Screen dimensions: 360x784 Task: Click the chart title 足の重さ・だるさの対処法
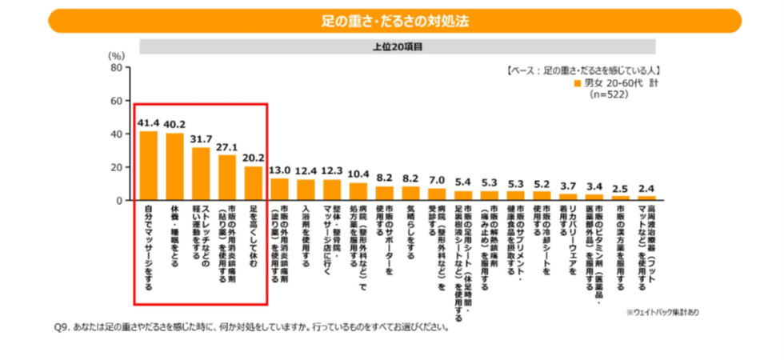pyautogui.click(x=392, y=17)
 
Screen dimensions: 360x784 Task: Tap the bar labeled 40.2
pyautogui.click(x=174, y=166)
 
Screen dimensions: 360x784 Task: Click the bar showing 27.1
pyautogui.click(x=227, y=178)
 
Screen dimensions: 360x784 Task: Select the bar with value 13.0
pyautogui.click(x=279, y=189)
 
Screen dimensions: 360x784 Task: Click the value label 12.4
pyautogui.click(x=306, y=170)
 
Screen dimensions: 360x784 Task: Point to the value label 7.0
pyautogui.click(x=436, y=179)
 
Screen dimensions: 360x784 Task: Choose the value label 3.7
pyautogui.click(x=567, y=185)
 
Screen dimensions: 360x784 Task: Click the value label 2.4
pyautogui.click(x=646, y=187)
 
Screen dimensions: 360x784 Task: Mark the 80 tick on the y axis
pyautogui.click(x=117, y=68)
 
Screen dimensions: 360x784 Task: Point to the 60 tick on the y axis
pyautogui.click(x=117, y=101)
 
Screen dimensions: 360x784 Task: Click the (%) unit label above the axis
pyautogui.click(x=116, y=55)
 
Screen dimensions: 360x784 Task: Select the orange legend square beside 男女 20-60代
pyautogui.click(x=578, y=83)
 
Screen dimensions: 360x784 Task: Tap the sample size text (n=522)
pyautogui.click(x=609, y=94)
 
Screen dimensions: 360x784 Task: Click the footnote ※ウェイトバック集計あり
pyautogui.click(x=663, y=312)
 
